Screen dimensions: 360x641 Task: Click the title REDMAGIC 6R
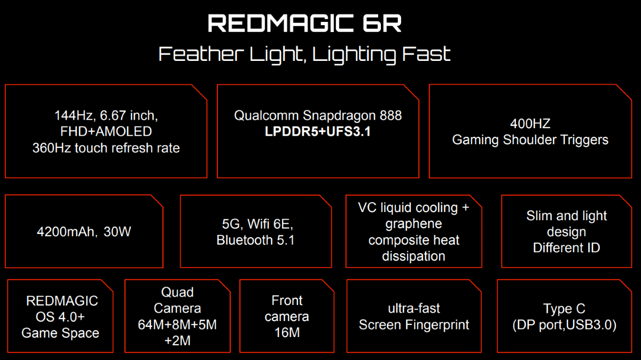click(x=304, y=24)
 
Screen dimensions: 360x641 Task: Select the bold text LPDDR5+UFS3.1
click(x=318, y=131)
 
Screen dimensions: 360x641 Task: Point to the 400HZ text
click(x=530, y=124)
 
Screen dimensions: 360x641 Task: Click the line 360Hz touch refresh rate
click(x=106, y=148)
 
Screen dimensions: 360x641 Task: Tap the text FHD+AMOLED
click(x=106, y=131)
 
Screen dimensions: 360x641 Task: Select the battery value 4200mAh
click(x=62, y=232)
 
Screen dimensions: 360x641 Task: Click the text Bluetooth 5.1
click(x=255, y=240)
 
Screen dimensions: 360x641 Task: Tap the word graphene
click(x=413, y=224)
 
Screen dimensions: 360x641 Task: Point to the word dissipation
click(x=413, y=256)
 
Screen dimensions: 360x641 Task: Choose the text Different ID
click(x=566, y=248)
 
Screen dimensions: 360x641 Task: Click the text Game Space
click(x=60, y=333)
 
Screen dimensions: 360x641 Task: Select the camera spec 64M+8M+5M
click(x=177, y=325)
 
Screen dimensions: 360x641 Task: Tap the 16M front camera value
click(x=286, y=333)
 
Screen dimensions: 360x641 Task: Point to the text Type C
click(x=564, y=309)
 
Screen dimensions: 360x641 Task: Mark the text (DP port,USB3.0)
click(x=564, y=325)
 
